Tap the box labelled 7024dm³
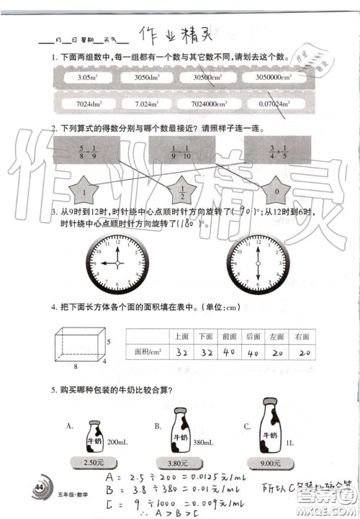click(x=86, y=104)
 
